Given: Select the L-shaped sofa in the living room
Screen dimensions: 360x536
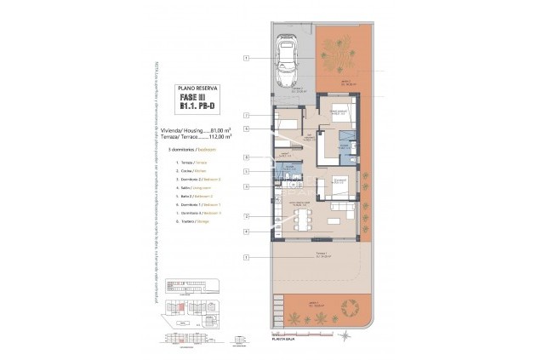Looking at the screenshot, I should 342,209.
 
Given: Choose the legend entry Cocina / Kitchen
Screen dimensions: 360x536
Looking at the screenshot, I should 193,170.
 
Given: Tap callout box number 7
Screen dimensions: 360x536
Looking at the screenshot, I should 245,115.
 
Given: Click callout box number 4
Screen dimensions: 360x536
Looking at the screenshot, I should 245,231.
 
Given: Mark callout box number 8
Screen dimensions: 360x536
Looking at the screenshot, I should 245,157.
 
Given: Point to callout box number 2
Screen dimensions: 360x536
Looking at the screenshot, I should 245,216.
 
